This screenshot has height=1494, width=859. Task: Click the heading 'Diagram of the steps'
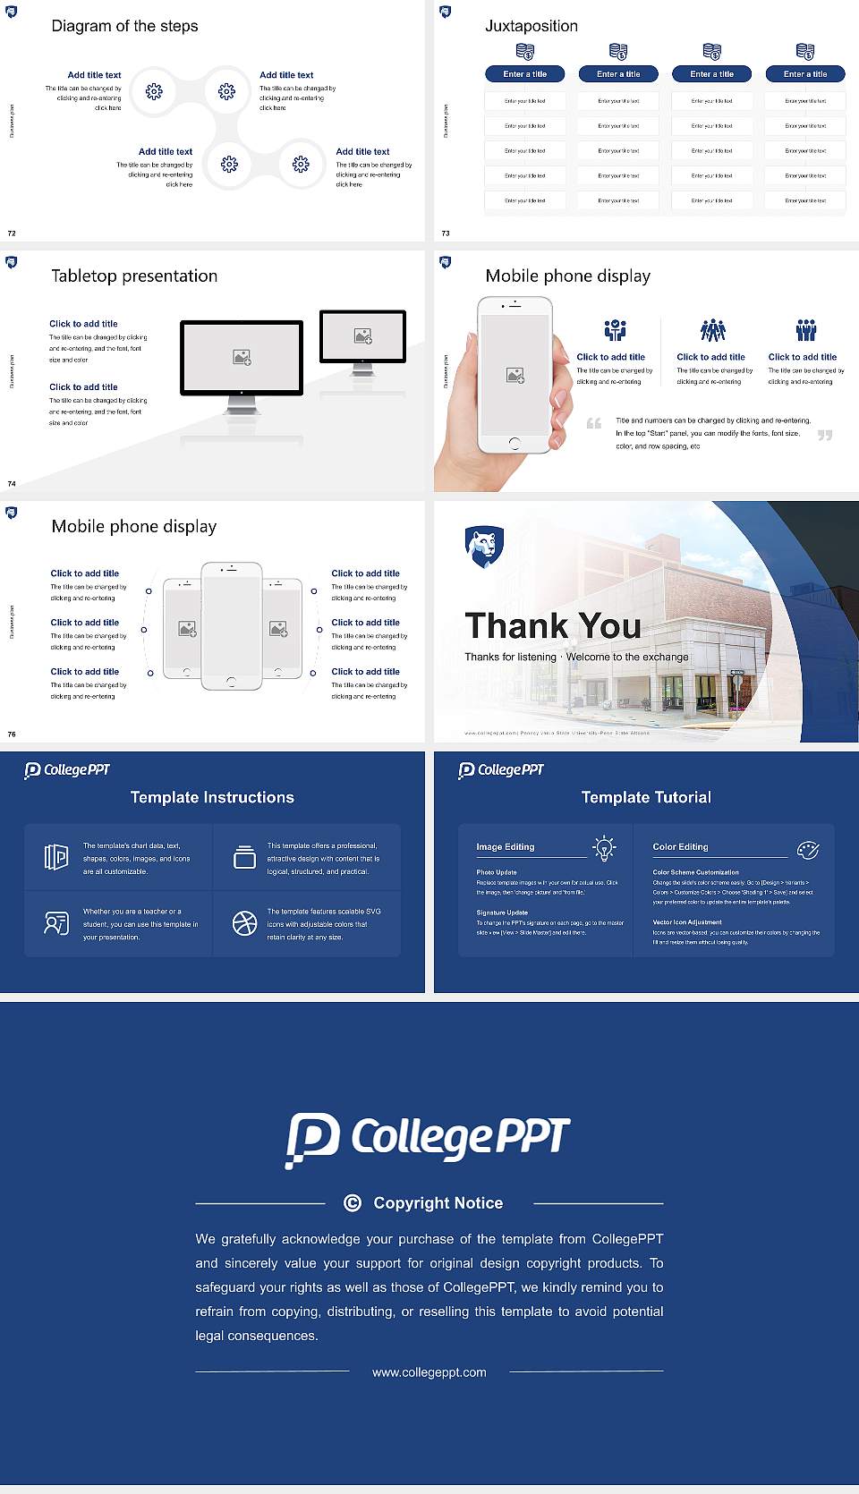point(124,26)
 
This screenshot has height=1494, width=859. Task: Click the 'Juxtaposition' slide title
point(531,26)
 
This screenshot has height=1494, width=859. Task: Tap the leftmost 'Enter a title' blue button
point(524,74)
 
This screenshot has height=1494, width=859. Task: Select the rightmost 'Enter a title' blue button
point(804,74)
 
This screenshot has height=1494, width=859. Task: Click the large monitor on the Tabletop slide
point(242,358)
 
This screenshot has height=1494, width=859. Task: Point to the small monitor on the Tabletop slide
point(362,336)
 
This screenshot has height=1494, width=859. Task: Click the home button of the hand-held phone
point(514,444)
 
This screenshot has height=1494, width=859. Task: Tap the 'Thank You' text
point(552,625)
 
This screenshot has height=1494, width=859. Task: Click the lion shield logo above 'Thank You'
point(484,547)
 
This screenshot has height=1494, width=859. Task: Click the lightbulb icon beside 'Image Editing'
point(604,848)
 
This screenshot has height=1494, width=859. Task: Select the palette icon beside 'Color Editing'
point(807,849)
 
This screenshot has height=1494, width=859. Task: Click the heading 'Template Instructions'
point(212,797)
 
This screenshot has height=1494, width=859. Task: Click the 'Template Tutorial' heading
point(645,797)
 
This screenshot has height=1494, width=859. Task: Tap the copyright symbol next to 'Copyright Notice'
point(353,1203)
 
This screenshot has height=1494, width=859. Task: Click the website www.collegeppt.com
point(429,1372)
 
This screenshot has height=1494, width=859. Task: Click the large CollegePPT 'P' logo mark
point(312,1139)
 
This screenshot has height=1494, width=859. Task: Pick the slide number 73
point(446,233)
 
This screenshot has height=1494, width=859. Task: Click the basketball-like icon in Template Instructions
point(244,923)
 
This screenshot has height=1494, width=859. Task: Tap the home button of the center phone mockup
point(231,682)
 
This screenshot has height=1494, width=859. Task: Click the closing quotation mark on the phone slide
point(825,435)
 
